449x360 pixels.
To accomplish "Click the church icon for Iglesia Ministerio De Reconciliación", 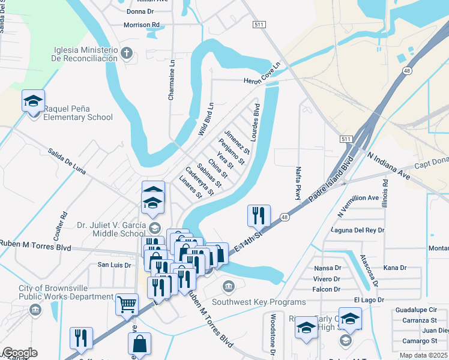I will [x=126, y=53].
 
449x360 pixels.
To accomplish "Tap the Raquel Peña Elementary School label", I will [x=77, y=113].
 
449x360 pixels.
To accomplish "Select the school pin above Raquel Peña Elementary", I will [x=33, y=101].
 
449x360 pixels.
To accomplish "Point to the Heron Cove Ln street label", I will [x=262, y=74].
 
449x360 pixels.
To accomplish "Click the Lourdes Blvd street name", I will [x=256, y=124].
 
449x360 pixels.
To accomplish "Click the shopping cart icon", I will [x=127, y=304].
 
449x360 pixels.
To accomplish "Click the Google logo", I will [x=19, y=353].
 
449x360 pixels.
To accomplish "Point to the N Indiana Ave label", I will [x=389, y=166].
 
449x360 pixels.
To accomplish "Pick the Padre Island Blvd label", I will [x=329, y=179].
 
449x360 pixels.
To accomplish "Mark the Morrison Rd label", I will [x=142, y=25].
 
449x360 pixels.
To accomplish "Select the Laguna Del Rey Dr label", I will [x=357, y=230].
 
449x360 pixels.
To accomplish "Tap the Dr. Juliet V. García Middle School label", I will [x=111, y=229].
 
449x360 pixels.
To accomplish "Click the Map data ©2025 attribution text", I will [x=424, y=355].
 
